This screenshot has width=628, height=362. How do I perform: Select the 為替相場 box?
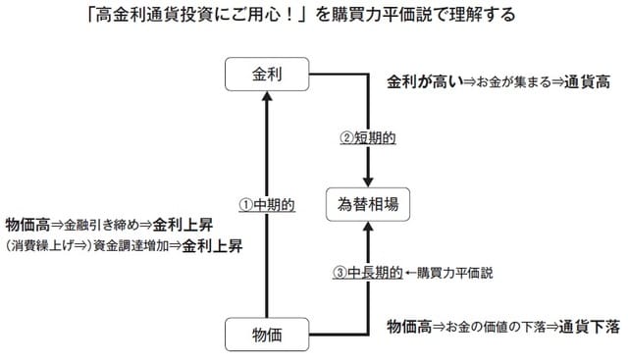coord(365,207)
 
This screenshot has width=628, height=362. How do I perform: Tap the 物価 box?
coord(267,334)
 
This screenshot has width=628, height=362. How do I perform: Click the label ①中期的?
coord(268,206)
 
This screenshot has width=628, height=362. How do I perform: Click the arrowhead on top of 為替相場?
coord(366,182)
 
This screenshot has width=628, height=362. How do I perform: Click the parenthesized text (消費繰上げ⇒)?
coord(45,246)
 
